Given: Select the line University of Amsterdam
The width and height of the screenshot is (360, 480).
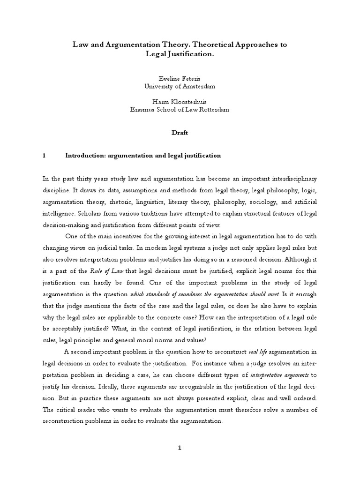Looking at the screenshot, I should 180,87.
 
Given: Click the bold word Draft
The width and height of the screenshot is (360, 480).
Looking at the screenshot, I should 180,132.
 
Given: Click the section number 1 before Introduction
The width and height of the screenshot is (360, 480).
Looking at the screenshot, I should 44,155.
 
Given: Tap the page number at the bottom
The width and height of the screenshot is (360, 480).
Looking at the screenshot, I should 180,448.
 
